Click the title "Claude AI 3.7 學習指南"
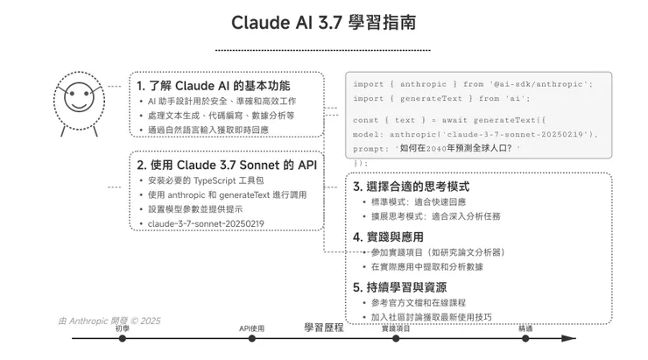[323, 22]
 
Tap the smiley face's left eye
[73, 94]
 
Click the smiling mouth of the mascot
[80, 103]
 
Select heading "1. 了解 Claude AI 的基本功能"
[214, 86]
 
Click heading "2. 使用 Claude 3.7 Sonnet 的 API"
[227, 165]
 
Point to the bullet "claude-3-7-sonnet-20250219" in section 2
[206, 223]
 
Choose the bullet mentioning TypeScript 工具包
[206, 180]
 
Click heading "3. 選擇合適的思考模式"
[412, 187]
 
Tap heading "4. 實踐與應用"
[388, 237]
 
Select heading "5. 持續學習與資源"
[399, 287]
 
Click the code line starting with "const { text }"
[449, 120]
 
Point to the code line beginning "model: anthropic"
[475, 134]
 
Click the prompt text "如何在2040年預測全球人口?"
[456, 148]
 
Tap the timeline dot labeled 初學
[123, 338]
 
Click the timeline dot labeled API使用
[251, 338]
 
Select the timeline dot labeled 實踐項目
[396, 338]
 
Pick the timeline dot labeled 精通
[525, 338]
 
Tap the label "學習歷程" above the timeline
[324, 328]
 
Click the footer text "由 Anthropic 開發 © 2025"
[109, 321]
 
